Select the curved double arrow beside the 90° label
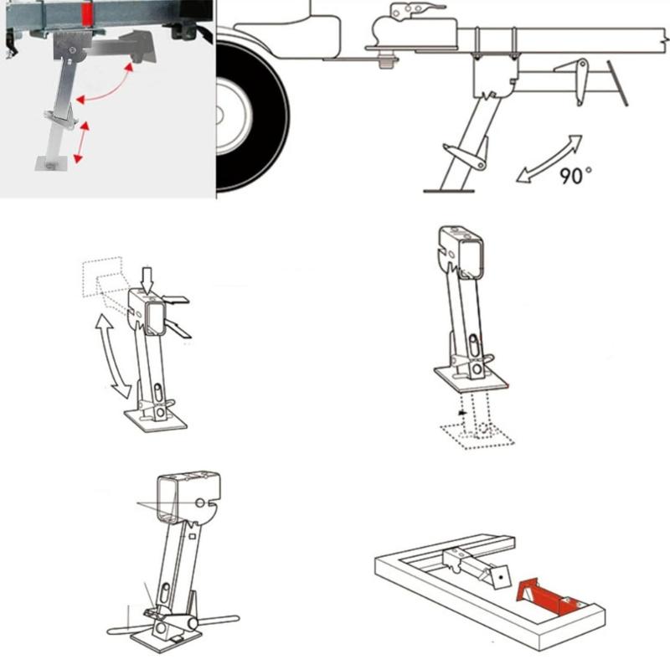[x=549, y=157]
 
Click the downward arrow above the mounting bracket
[x=147, y=276]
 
